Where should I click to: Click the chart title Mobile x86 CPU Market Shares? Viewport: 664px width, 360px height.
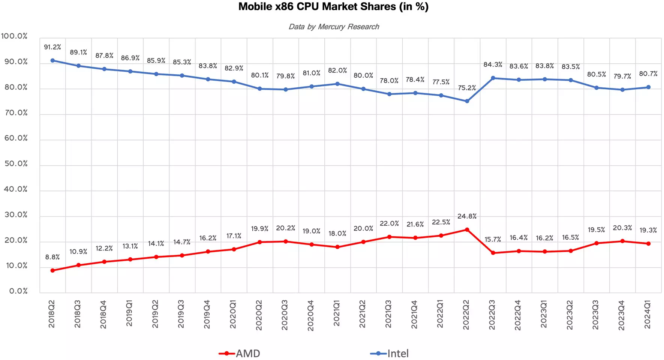coord(333,7)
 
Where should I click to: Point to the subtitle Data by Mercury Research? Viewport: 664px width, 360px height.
coord(334,27)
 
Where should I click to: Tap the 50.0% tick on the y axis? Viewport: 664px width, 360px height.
coord(16,164)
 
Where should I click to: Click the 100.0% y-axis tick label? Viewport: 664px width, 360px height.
coord(14,36)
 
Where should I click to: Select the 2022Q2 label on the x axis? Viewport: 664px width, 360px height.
coord(466,315)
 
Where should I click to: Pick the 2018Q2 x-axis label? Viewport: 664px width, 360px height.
coord(52,314)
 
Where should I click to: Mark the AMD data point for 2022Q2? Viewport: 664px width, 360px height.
coord(467,229)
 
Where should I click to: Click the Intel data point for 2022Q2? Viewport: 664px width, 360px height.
coord(467,101)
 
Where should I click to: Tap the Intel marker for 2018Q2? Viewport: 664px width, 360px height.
coord(52,60)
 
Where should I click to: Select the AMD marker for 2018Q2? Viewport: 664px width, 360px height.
coord(52,270)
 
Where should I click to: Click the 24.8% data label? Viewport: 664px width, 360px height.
coord(467,216)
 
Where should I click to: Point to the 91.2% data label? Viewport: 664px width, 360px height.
coord(52,47)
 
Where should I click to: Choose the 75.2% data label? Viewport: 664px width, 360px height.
coord(467,88)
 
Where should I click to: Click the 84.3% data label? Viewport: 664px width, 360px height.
coord(493,64)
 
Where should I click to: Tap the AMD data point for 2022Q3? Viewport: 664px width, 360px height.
coord(493,253)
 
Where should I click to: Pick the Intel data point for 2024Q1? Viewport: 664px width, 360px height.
coord(648,87)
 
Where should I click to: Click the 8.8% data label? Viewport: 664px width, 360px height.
coord(52,257)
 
